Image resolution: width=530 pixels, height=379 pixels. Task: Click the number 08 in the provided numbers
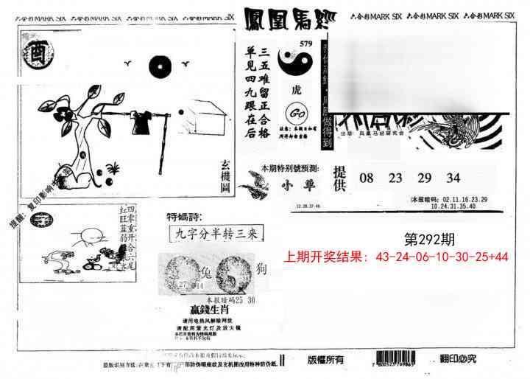coord(367,178)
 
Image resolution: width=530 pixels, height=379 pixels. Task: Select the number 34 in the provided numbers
coord(453,178)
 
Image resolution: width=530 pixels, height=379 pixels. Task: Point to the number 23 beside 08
coord(395,178)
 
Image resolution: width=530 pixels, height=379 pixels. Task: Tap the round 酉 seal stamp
coord(35,55)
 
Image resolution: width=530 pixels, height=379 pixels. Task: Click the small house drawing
coord(205,117)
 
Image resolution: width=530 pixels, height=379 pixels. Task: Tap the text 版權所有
coord(325,360)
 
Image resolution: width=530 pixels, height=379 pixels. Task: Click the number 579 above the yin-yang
coord(306,44)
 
